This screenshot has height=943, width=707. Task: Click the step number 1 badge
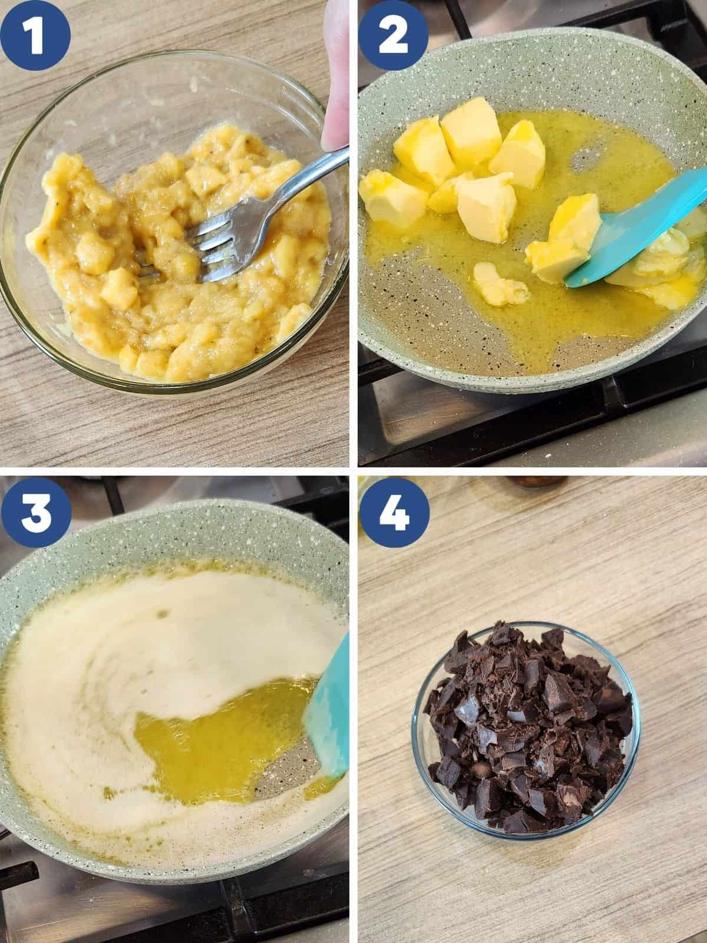pos(35,35)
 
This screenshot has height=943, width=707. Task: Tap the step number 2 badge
pos(394,35)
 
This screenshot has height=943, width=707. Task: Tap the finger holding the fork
pos(336,73)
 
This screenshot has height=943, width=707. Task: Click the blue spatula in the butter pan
pos(635,227)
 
